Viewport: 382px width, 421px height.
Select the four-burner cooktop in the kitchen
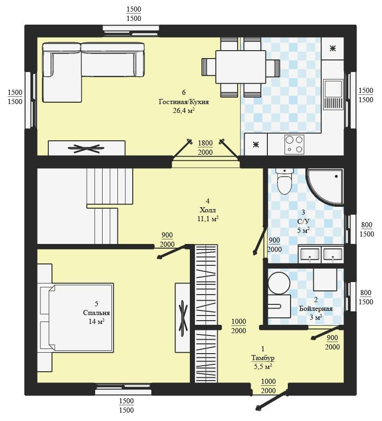(x=294, y=145)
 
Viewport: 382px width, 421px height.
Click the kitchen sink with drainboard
(x=333, y=94)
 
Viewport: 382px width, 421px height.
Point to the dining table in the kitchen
(x=240, y=67)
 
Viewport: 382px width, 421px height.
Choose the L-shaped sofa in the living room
(x=93, y=72)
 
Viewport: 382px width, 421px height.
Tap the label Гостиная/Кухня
(x=184, y=102)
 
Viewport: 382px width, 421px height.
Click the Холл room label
(x=207, y=210)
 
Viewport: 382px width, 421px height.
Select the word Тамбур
(x=263, y=358)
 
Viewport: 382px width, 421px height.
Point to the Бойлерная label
(x=316, y=309)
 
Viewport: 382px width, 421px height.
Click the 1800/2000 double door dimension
(x=205, y=147)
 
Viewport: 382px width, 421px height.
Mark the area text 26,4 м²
(x=184, y=110)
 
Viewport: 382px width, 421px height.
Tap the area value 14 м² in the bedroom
(x=96, y=321)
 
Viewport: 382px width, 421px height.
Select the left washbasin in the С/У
(x=310, y=254)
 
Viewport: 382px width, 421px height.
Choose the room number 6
(x=184, y=92)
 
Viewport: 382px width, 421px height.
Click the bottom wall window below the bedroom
(x=123, y=389)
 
